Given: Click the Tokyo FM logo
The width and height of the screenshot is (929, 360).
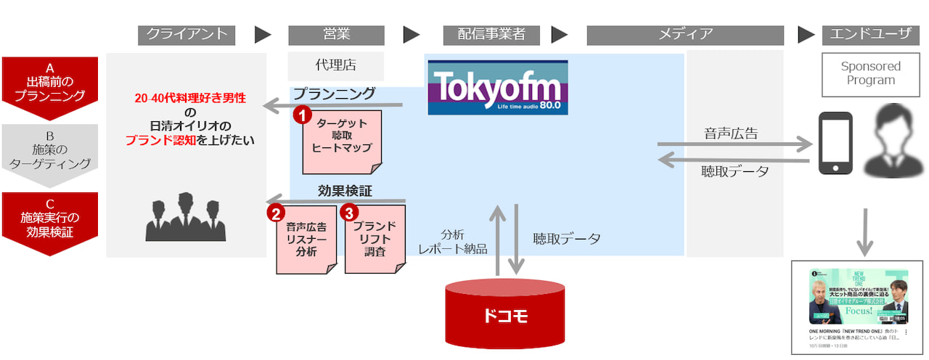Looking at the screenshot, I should tap(498, 87).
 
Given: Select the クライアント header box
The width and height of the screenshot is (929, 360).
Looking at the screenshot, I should tap(187, 35).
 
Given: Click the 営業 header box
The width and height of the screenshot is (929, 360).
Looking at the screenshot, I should tap(336, 35).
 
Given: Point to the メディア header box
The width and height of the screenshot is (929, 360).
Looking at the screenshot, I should tap(685, 35).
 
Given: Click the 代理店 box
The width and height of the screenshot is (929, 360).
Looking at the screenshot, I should tap(336, 65).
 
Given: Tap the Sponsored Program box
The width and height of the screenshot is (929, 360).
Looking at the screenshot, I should tap(870, 73).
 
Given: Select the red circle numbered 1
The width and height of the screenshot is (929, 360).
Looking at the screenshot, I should tap(302, 115).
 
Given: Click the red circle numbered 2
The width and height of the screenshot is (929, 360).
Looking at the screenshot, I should tap(276, 213).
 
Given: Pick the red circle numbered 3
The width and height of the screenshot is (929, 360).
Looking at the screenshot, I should tap(350, 213).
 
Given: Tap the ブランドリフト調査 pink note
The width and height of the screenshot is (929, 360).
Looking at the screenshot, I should tap(375, 240).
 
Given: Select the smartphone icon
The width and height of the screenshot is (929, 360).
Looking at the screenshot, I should tap(835, 143).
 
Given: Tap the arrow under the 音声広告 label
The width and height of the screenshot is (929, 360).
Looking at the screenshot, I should tap(734, 146).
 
